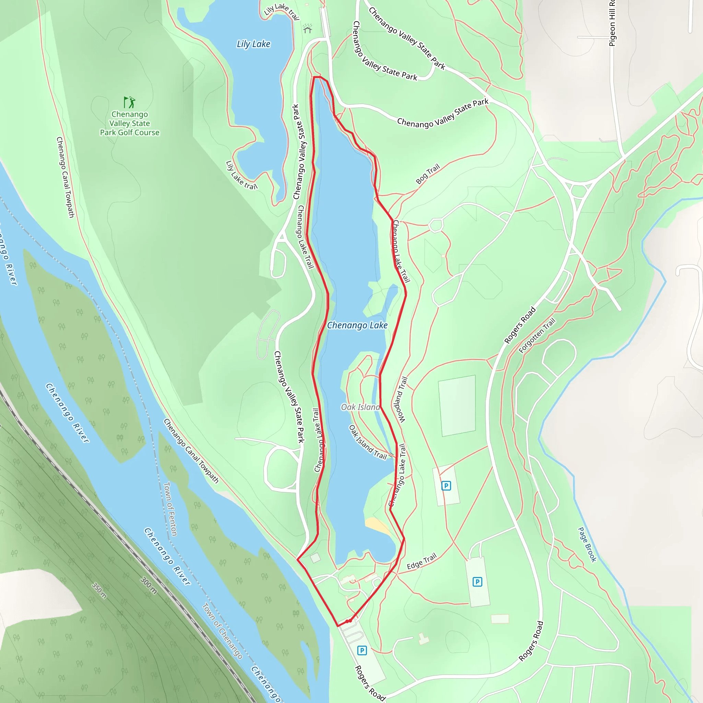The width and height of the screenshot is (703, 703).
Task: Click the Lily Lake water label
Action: click(253, 44)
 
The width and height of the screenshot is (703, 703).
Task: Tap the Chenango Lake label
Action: click(357, 325)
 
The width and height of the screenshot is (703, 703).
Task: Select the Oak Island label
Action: click(360, 407)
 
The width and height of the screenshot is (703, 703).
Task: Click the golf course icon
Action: click(129, 102)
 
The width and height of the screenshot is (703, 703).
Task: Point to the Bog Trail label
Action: click(428, 174)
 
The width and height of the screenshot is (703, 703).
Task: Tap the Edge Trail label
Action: click(422, 562)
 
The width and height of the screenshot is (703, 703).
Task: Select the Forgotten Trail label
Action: click(537, 335)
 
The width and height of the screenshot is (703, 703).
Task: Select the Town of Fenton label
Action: click(170, 509)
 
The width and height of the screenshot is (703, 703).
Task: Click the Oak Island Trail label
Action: click(368, 442)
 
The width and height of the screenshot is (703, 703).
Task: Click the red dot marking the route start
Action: click(348, 621)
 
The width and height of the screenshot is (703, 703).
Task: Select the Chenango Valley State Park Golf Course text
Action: click(129, 123)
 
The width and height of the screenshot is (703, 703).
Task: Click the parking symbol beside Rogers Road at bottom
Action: click(362, 650)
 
